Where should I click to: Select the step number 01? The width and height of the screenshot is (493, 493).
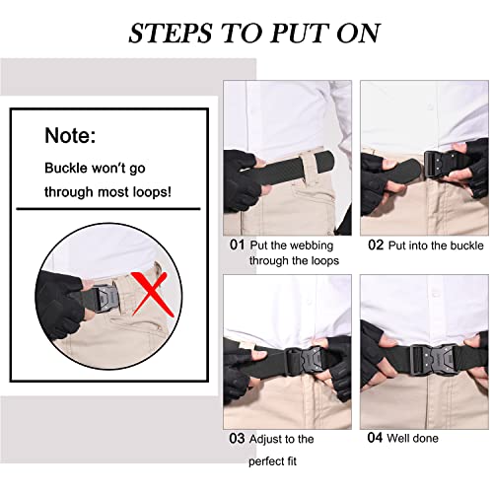(237, 244)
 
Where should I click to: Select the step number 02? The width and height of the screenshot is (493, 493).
(376, 244)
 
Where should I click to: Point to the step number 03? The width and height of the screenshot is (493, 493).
(237, 439)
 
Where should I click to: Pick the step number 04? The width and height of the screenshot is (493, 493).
(376, 438)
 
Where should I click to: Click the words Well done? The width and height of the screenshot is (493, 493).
(415, 438)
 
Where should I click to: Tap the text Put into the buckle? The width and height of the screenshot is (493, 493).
(434, 244)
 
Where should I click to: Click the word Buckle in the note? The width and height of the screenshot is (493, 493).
(67, 168)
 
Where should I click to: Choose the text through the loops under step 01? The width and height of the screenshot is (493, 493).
(295, 261)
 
